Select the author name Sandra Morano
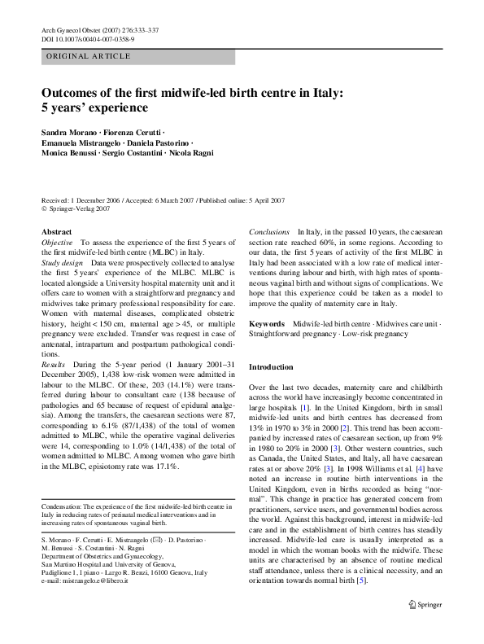[x=68, y=132]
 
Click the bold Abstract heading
[x=56, y=232]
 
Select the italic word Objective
[x=57, y=243]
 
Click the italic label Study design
[x=62, y=264]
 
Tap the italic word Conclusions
[x=269, y=232]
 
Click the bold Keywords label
[x=268, y=324]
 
